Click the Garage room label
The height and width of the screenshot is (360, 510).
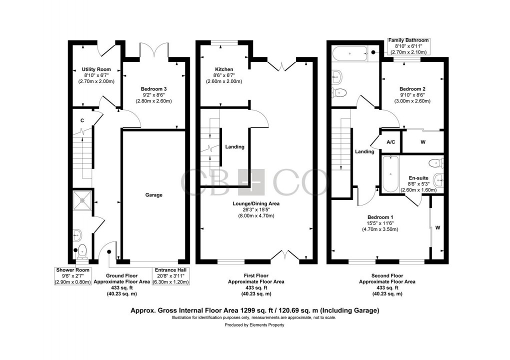coord(153,195)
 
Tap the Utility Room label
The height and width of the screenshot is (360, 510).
coord(96,69)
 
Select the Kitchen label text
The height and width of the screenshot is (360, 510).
coord(224,69)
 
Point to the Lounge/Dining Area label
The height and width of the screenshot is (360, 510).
coord(256,204)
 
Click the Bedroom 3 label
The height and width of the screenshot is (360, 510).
coord(153,89)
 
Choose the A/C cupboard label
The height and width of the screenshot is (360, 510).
coord(390,142)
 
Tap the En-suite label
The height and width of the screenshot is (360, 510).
coord(418,178)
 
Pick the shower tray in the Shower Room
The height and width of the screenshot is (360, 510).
coord(82,200)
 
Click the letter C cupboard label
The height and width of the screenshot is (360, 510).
coord(82,120)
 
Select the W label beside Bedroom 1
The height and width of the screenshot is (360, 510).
coord(438,227)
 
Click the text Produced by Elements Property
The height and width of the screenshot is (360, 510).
coord(254,325)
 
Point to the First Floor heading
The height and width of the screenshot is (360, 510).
coord(256,276)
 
